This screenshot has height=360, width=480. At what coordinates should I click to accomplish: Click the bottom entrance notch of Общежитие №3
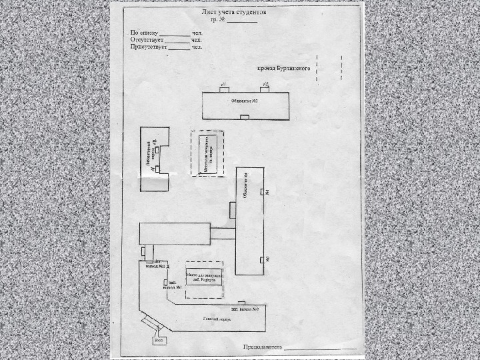[x=245, y=117]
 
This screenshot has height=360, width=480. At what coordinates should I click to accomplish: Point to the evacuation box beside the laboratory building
[x=208, y=153]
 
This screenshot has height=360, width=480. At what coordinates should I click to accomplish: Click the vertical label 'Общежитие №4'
[x=246, y=187]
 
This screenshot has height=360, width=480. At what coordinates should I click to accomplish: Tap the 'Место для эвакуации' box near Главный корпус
[x=204, y=278]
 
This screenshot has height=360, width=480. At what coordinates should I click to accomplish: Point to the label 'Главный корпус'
[x=217, y=319]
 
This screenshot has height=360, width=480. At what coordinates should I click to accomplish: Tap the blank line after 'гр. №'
[x=242, y=21]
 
